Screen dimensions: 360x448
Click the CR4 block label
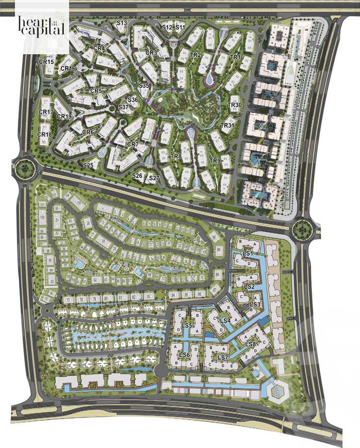pyautogui.click(x=99, y=48)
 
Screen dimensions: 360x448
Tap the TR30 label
pyautogui.click(x=235, y=105)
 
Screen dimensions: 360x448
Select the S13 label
pyautogui.click(x=122, y=23)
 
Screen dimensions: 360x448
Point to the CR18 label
pyautogui.click(x=45, y=135)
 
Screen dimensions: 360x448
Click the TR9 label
pyautogui.click(x=215, y=161)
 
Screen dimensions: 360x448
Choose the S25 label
pyautogui.click(x=89, y=165)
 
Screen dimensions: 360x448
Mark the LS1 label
pyautogui.click(x=248, y=254)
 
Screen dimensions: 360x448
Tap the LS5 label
pyautogui.click(x=187, y=326)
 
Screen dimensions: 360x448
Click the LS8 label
pyautogui.click(x=251, y=344)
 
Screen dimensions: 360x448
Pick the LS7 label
pyautogui.click(x=223, y=358)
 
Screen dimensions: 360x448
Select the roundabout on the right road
pyautogui.click(x=301, y=229)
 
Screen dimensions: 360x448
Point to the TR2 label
pyautogui.click(x=195, y=55)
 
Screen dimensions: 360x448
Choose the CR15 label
pyautogui.click(x=47, y=62)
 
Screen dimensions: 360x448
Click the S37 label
pyautogui.click(x=123, y=108)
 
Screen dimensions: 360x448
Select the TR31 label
pyautogui.click(x=227, y=125)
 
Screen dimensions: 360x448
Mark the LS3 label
pyautogui.click(x=255, y=304)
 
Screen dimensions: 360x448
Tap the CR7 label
pyautogui.click(x=133, y=144)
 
